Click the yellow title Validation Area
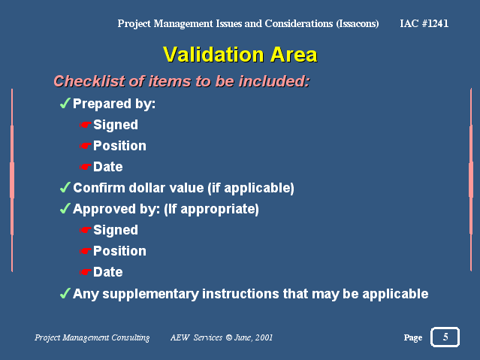240,55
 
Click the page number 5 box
445,337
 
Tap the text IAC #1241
424,23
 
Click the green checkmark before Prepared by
65,103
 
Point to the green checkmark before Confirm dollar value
65,187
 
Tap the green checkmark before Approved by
65,209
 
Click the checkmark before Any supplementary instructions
65,293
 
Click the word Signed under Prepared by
116,125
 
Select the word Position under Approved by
119,251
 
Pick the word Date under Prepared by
107,167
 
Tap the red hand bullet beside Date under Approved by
86,272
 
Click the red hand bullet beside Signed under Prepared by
86,125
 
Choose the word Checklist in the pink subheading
89,81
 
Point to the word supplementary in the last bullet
151,294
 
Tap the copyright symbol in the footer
229,337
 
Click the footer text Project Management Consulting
92,337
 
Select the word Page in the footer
413,337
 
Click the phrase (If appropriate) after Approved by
211,209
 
